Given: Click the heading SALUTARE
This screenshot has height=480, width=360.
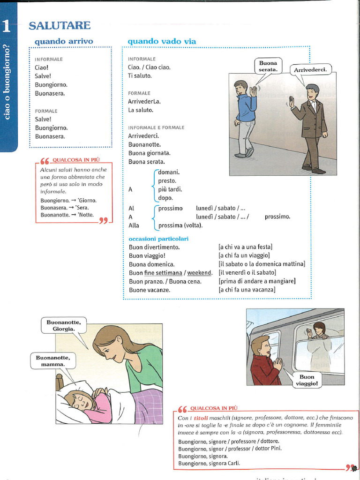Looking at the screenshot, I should [x=60, y=25].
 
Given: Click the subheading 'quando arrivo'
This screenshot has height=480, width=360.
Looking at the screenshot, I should [x=64, y=41].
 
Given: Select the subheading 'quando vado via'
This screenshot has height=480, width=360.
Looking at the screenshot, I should [x=162, y=41].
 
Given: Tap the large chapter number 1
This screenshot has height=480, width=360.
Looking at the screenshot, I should [x=7, y=26].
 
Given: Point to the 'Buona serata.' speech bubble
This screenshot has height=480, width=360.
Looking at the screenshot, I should [x=268, y=66].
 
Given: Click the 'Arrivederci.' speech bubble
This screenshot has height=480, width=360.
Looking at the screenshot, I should [x=311, y=70].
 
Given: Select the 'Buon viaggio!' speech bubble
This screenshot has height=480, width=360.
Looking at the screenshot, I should [x=307, y=380].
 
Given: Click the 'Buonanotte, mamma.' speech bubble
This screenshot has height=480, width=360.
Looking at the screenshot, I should [x=52, y=360].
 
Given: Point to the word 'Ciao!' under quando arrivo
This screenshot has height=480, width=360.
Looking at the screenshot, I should [x=42, y=67].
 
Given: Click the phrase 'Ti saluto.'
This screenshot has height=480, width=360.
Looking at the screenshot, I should [x=140, y=75].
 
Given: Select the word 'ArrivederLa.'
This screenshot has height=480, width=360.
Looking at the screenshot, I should [x=144, y=101].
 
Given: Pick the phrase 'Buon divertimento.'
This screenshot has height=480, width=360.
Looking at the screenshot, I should [x=154, y=247].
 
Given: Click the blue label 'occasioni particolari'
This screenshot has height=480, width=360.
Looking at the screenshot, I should [x=158, y=239].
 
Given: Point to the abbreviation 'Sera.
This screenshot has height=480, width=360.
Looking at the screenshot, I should [x=82, y=208].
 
